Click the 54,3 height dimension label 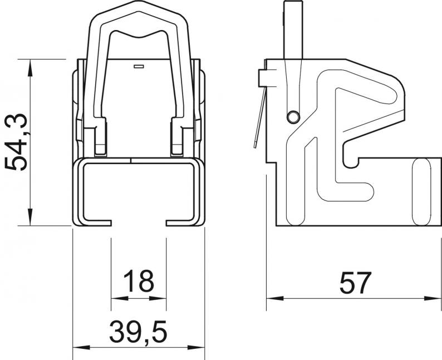(16, 142)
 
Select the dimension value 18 (139, 281)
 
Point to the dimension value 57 (355, 283)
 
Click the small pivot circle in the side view (293, 117)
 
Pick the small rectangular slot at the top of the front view (139, 66)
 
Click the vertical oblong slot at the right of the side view (421, 192)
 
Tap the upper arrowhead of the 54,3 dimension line (30, 68)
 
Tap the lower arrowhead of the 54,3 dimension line (30, 217)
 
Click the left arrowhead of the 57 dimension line (275, 298)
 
